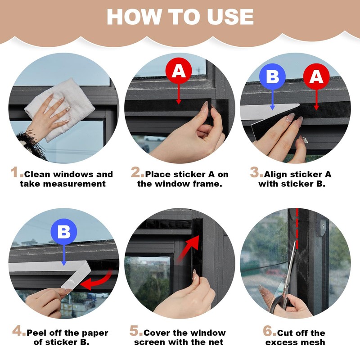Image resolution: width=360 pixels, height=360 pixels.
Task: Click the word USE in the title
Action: [230, 17]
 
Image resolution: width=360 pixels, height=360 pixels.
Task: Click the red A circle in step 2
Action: [179, 71]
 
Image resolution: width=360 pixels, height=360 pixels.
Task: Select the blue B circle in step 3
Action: [272, 76]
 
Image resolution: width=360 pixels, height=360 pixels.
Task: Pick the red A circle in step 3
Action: [316, 76]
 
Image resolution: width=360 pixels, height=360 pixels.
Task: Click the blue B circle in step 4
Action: [64, 232]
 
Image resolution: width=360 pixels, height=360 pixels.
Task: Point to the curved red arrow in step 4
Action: [96, 280]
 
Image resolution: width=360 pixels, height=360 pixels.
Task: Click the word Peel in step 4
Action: [37, 333]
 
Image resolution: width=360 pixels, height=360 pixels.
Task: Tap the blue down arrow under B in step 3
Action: [273, 100]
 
